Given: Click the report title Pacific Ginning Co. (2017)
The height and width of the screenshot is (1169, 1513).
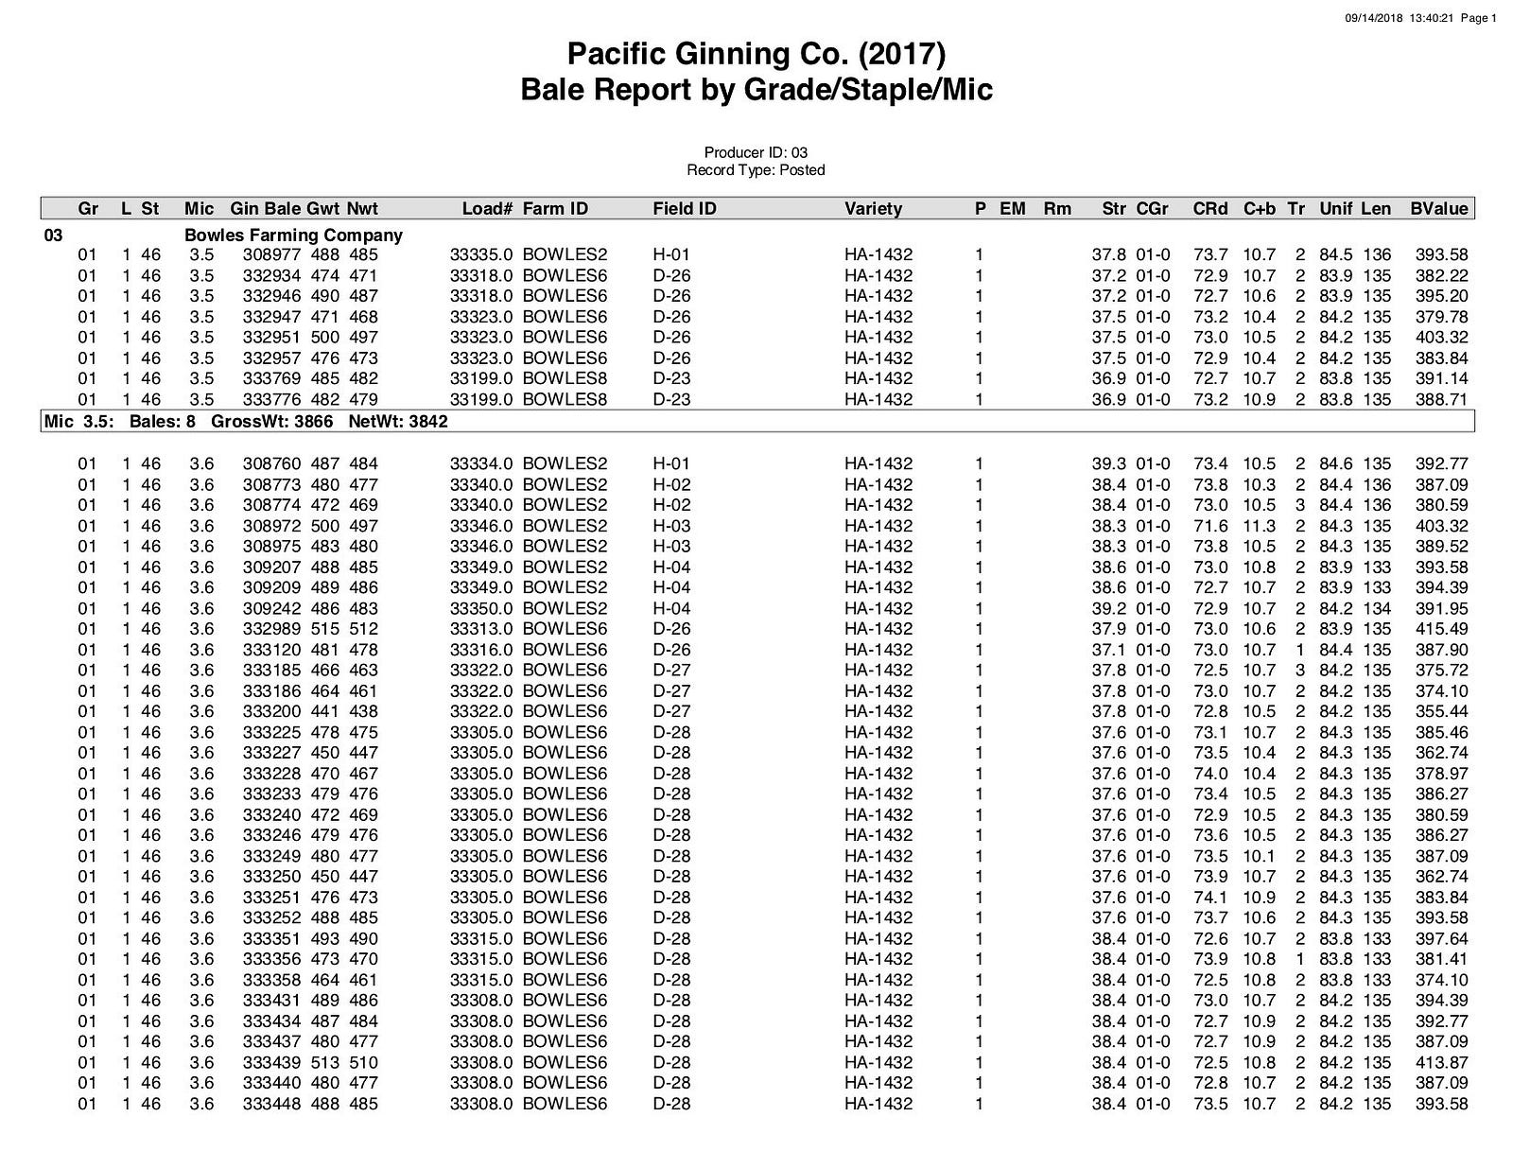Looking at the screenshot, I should pos(756,54).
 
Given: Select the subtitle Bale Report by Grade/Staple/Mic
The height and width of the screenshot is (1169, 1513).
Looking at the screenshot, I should pos(756,91).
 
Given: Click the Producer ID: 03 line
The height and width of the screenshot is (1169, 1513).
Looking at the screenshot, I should pos(756,152).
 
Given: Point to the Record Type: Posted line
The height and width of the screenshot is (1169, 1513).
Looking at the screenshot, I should pos(756,170).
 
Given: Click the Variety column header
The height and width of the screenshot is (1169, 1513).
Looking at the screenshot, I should pos(873,209).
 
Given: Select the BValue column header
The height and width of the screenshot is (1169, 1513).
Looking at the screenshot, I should pos(1439,209).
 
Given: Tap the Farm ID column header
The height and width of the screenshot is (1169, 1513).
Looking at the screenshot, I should pos(555,209).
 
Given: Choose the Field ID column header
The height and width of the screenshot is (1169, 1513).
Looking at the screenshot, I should pos(685,209).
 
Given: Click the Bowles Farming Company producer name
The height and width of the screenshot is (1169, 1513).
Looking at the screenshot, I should pos(293,235).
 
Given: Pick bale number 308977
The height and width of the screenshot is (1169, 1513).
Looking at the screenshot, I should pos(270,254).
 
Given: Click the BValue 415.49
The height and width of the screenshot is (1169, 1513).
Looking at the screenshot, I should pos(1441,629).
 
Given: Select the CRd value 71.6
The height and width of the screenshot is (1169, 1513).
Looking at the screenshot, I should pos(1210,526).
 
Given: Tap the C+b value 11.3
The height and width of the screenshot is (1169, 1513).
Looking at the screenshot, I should pos(1259,526).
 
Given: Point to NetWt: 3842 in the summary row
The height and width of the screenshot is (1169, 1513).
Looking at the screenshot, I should pos(398,422).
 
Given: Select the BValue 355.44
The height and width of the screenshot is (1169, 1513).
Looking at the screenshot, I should pos(1441,711).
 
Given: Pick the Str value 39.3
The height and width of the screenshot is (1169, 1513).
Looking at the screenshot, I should pos(1108,463).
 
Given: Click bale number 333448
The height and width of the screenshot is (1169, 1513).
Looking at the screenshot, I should pos(270,1104).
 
